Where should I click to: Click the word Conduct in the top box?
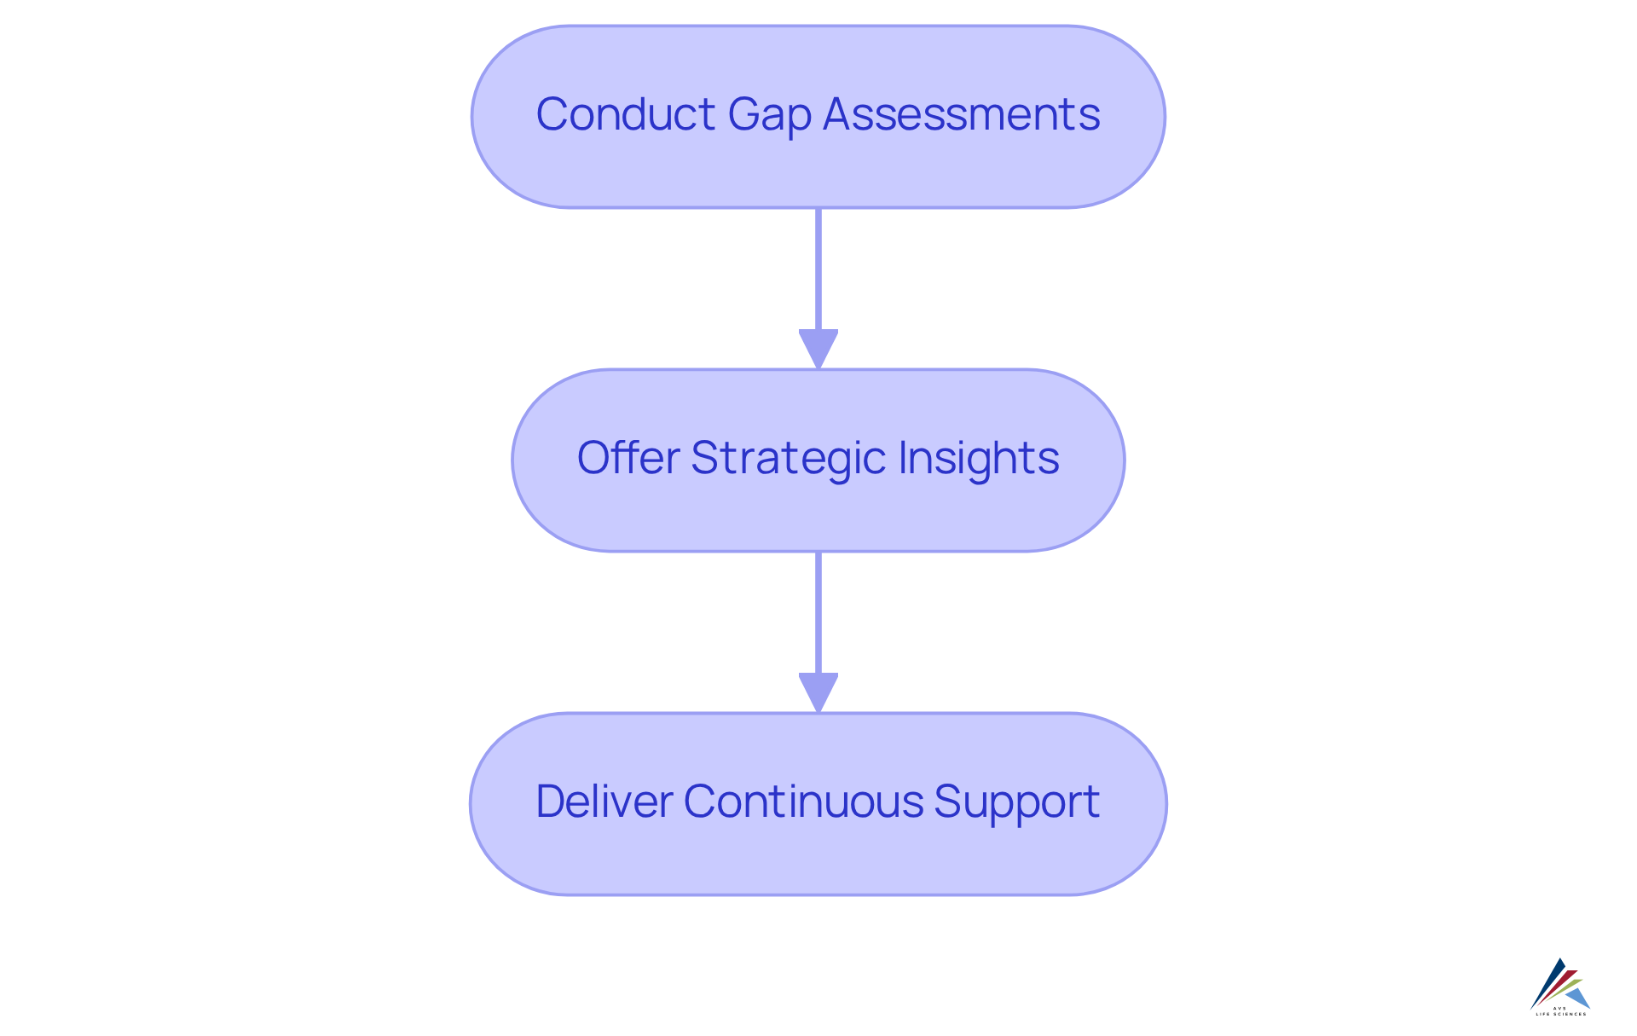click(625, 114)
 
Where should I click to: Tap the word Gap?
click(769, 116)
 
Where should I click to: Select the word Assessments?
click(961, 114)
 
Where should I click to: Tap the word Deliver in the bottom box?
click(604, 802)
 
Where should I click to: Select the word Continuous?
click(803, 802)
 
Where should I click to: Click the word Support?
click(1016, 803)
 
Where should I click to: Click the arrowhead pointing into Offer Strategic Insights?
click(818, 349)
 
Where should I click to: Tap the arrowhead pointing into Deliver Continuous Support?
click(818, 692)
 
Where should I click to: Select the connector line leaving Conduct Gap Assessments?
click(818, 269)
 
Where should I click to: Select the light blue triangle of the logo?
click(1578, 998)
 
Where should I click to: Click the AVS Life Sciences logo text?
click(1561, 1012)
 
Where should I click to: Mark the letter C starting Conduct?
click(551, 114)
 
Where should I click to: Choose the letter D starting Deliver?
click(551, 802)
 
